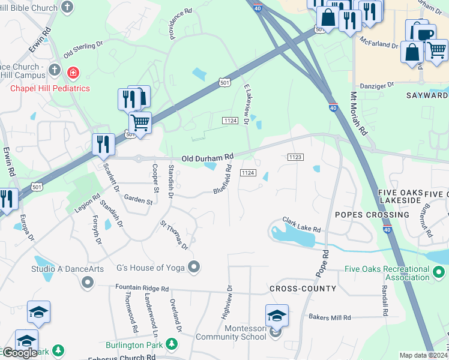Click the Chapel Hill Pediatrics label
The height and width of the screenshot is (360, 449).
click(x=50, y=88)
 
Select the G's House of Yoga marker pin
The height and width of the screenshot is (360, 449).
click(x=193, y=266)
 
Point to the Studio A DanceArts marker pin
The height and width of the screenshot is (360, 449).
click(x=88, y=281)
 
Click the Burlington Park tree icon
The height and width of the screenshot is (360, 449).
click(x=172, y=344)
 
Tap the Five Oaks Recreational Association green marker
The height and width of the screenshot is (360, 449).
click(x=439, y=274)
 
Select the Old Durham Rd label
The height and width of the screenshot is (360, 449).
click(x=208, y=157)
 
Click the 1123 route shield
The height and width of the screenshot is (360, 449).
click(x=295, y=157)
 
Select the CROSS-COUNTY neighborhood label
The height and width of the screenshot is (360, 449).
click(x=303, y=289)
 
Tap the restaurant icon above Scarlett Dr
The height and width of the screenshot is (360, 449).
click(x=103, y=144)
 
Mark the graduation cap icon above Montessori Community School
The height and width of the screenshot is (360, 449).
click(x=277, y=315)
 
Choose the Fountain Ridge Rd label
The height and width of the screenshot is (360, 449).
click(x=142, y=289)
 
